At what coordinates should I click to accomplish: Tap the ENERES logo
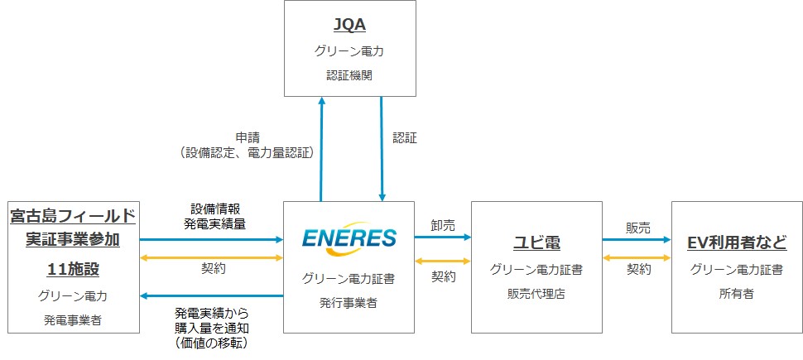pos(349,239)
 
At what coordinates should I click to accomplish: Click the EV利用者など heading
pos(735,243)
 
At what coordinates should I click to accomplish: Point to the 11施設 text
pos(72,269)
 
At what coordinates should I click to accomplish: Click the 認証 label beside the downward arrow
pos(405,137)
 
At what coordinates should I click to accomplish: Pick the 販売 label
pos(637,225)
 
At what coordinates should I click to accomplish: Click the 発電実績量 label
pos(212,223)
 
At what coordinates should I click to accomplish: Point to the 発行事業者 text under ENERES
pos(349,304)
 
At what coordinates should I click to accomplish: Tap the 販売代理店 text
pos(536,294)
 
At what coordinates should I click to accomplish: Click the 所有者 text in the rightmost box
pos(735,294)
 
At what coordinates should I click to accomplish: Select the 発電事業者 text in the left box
pos(72,319)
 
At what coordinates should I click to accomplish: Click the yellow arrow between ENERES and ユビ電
pos(442,261)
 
